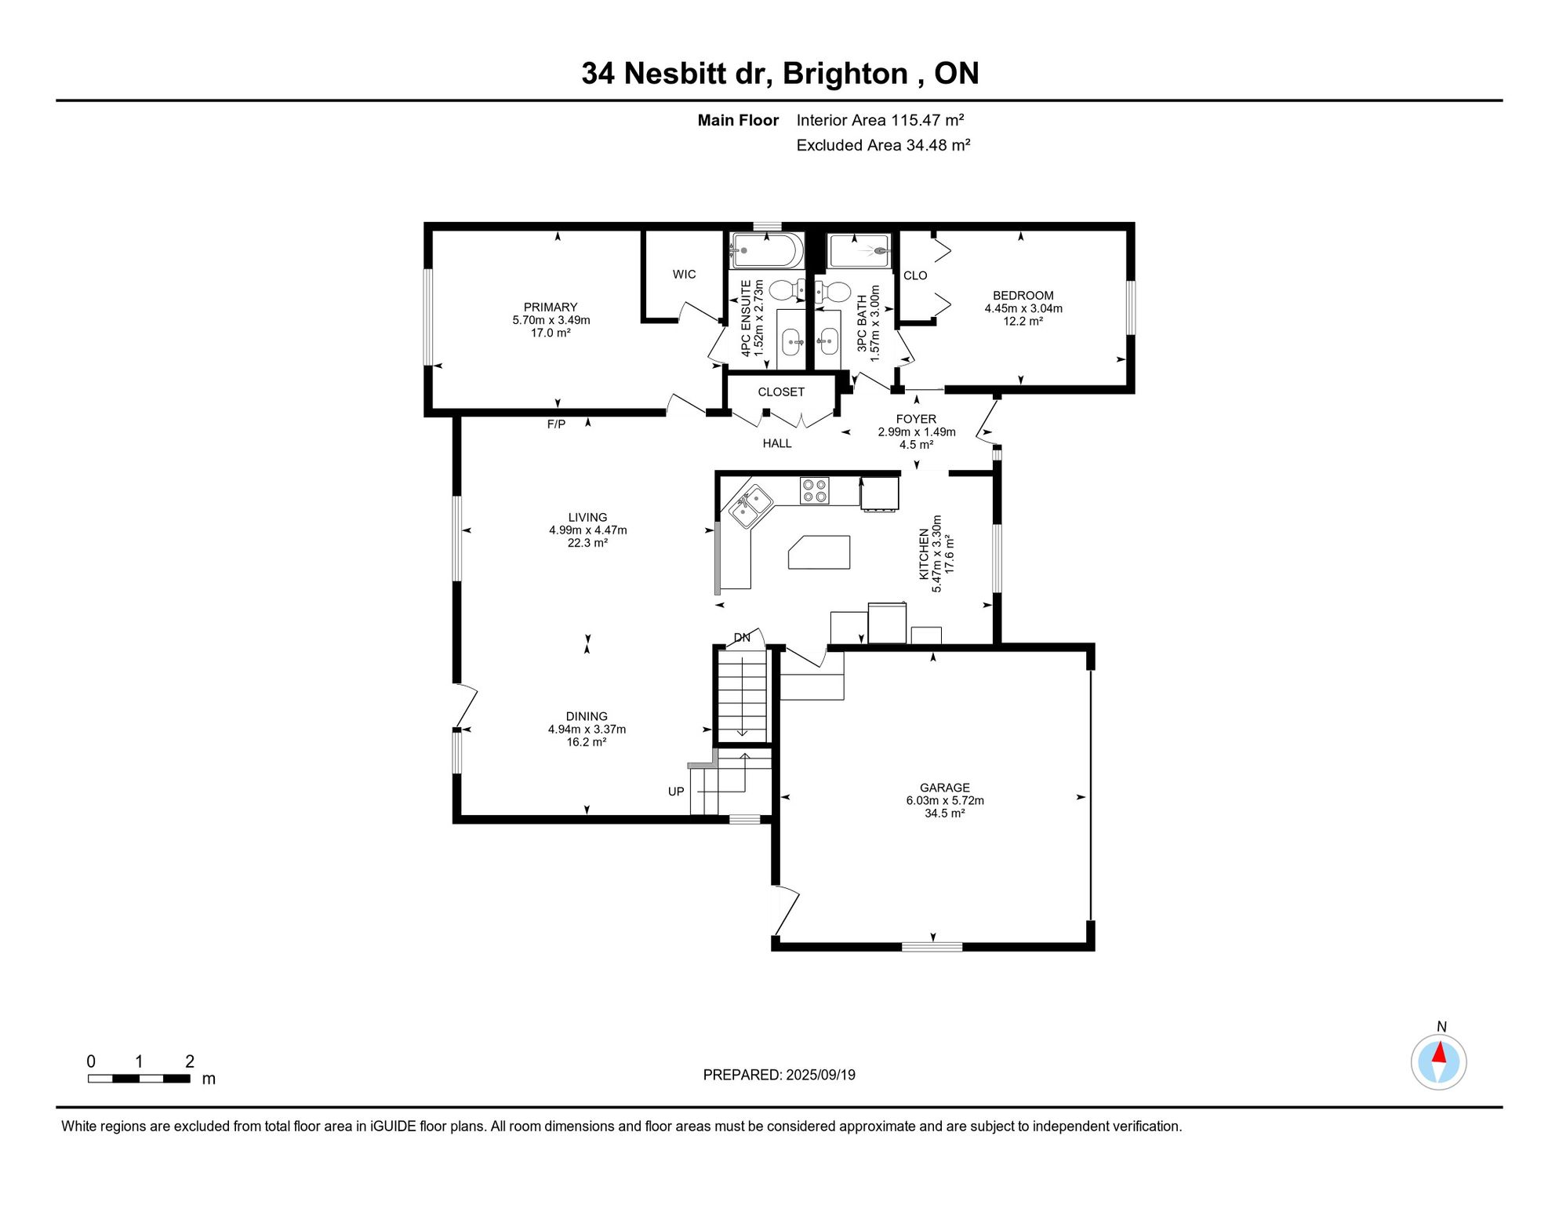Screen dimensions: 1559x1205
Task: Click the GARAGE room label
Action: [x=944, y=788]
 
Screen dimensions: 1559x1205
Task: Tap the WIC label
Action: [x=684, y=274]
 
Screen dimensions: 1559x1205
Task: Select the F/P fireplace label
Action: [x=556, y=424]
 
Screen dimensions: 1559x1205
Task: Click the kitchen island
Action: [x=819, y=552]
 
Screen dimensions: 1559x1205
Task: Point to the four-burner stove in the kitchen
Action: [x=815, y=490]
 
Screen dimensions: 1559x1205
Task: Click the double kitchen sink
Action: [x=750, y=506]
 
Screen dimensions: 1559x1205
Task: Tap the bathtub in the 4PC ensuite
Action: [x=767, y=251]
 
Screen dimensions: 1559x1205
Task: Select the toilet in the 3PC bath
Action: [x=832, y=293]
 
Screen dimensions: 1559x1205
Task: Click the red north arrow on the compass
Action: [x=1440, y=1052]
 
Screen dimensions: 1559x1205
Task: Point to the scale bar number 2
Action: [x=190, y=1061]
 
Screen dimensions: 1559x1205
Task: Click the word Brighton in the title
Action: [x=845, y=74]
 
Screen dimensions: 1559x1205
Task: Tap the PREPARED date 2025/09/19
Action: [x=821, y=1075]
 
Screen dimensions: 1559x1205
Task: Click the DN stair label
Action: [x=742, y=638]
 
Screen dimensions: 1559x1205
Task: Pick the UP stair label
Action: [x=676, y=792]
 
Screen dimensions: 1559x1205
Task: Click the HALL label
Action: [x=777, y=443]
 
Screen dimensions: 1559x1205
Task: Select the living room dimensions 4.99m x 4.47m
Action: [x=588, y=530]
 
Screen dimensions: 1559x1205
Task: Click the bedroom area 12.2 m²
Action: [x=1023, y=321]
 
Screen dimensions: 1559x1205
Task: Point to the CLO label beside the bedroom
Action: [x=915, y=275]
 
